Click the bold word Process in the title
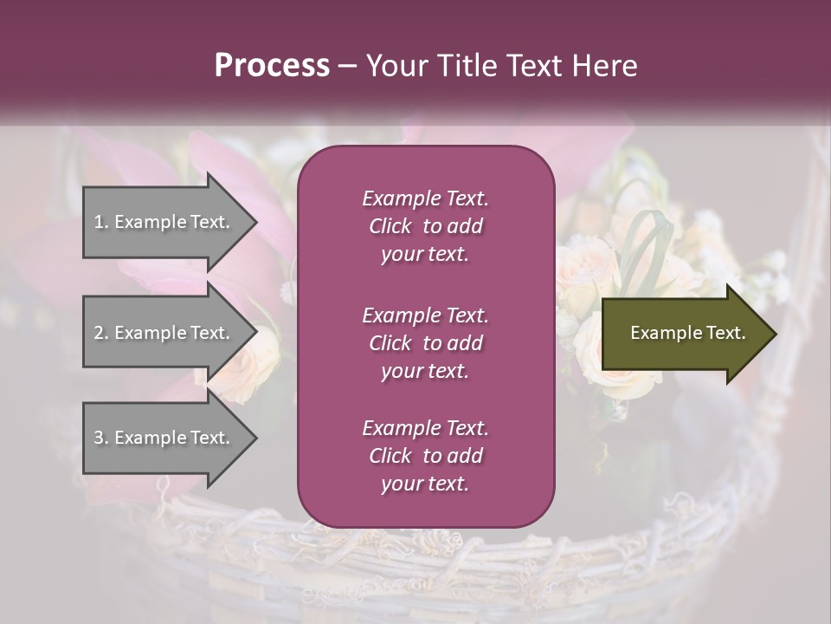point(272,66)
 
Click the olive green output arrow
point(684,334)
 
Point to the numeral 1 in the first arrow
point(98,222)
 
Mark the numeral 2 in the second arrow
point(98,333)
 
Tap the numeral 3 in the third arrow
point(98,438)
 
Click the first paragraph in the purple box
point(425,226)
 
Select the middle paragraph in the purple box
point(425,343)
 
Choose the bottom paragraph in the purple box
point(425,456)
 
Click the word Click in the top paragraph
point(390,226)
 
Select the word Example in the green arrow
point(660,333)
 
